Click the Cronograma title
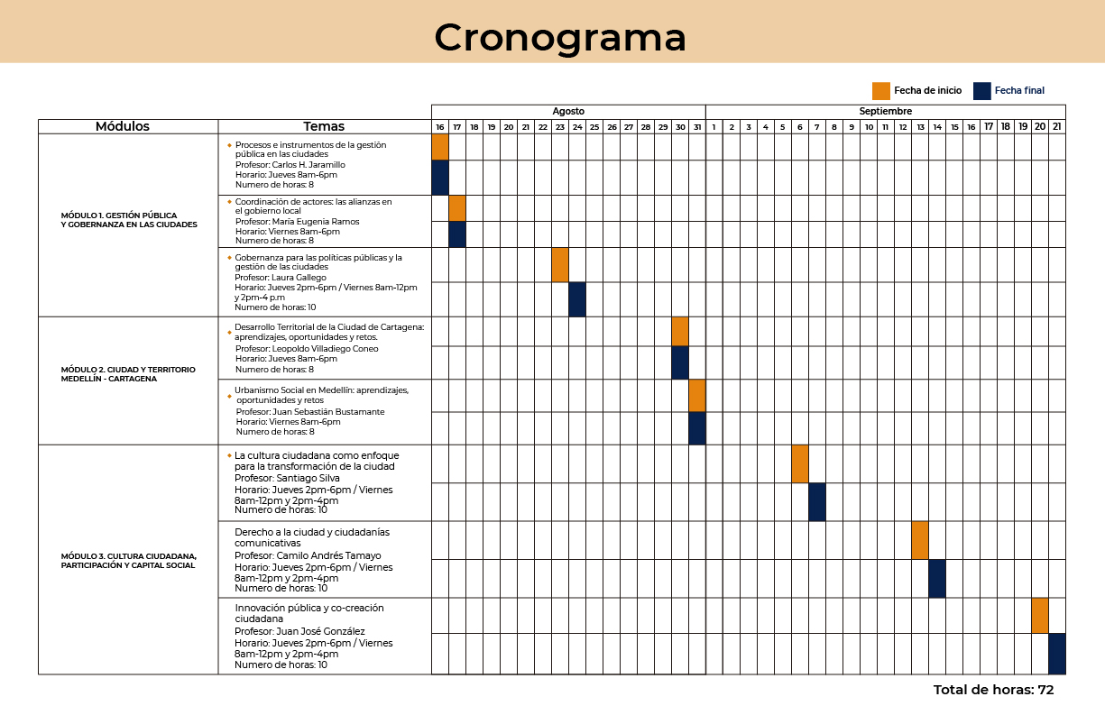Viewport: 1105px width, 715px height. coord(560,39)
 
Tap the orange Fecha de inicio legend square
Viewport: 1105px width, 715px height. coord(881,91)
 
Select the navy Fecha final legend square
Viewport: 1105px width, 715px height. coord(982,91)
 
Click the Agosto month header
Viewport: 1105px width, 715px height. coord(568,112)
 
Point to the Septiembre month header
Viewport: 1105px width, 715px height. coord(886,112)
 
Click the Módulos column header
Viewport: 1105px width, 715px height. coord(123,126)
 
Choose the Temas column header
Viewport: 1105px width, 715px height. coord(324,126)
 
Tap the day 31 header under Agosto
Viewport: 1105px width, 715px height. coord(697,127)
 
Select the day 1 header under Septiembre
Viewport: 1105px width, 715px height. coord(714,127)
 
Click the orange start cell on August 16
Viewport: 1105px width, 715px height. coord(440,147)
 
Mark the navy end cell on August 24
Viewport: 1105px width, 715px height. coord(577,299)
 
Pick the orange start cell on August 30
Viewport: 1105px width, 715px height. coord(680,332)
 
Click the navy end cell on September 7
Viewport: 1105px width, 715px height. coord(817,502)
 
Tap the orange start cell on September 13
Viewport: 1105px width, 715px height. coord(920,540)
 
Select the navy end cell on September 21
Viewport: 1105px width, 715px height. coord(1057,654)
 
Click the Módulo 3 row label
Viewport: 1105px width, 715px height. coord(128,561)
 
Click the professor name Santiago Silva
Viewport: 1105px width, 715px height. coord(308,478)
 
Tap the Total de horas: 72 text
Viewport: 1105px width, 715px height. coord(993,690)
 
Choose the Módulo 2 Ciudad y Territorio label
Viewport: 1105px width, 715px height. coord(128,374)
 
